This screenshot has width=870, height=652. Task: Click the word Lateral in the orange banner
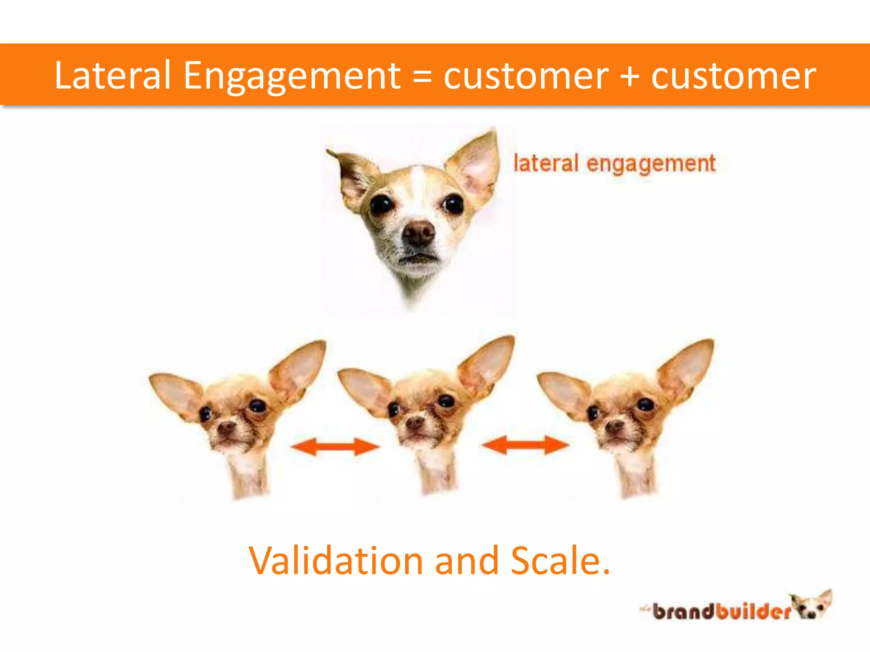[113, 76]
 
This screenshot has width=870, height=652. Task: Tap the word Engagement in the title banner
[292, 76]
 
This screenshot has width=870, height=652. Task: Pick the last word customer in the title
[733, 76]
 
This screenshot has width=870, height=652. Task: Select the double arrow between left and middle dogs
[335, 447]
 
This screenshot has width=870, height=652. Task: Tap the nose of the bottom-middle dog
[415, 422]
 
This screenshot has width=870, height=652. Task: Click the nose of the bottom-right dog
[614, 426]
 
